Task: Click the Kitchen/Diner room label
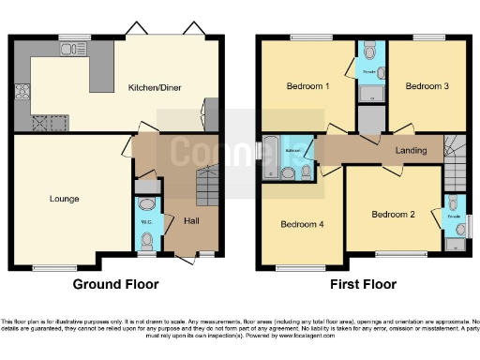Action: (x=155, y=89)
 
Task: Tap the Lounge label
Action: (x=65, y=199)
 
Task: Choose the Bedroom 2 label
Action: (x=393, y=214)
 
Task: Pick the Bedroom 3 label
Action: (x=427, y=86)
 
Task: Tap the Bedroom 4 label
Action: (x=302, y=224)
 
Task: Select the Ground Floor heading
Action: (x=116, y=284)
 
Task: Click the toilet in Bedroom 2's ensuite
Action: (x=454, y=203)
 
